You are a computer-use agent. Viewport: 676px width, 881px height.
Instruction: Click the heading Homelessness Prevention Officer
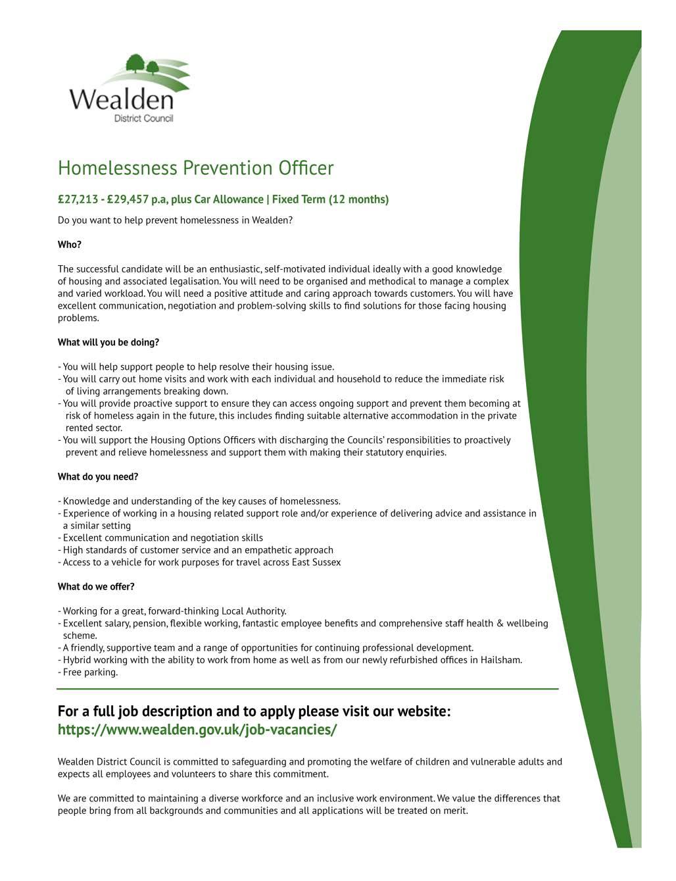tap(195, 168)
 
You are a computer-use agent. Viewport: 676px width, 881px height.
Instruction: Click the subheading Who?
tap(70, 245)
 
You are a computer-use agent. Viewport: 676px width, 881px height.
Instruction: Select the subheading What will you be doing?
tap(109, 342)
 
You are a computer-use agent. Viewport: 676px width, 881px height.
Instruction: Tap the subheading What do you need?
tap(98, 476)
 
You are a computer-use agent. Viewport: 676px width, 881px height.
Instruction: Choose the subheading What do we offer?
tap(96, 586)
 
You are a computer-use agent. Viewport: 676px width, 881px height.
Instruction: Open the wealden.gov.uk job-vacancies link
tap(197, 730)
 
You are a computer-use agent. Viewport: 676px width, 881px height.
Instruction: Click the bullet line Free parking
tap(90, 672)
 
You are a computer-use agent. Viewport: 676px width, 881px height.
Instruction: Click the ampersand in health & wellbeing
tap(500, 623)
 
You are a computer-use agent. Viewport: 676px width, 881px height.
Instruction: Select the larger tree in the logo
tap(135, 63)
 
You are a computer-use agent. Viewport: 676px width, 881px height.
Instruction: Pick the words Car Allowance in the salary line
tap(229, 199)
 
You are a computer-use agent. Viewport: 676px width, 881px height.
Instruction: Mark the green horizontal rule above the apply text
tap(308, 689)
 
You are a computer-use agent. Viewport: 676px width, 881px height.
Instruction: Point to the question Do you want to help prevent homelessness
tap(175, 220)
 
